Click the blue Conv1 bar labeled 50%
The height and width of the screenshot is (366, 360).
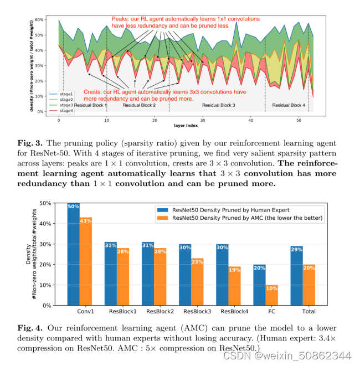point(73,254)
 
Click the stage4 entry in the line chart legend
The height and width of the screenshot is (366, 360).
point(66,110)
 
